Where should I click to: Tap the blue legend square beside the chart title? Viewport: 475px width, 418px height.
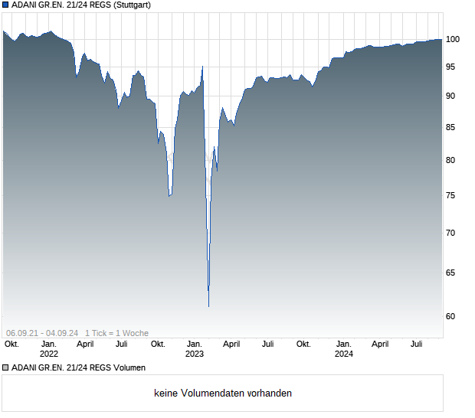click(x=5, y=5)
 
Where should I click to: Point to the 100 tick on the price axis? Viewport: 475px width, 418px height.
click(x=453, y=39)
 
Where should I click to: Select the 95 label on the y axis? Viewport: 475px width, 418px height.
click(x=453, y=67)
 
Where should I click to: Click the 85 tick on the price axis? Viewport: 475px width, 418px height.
click(x=453, y=127)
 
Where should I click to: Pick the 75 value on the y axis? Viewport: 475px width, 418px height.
click(x=453, y=195)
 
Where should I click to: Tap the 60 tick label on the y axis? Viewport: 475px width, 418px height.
click(x=453, y=316)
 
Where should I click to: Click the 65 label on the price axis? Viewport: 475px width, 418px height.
click(x=453, y=273)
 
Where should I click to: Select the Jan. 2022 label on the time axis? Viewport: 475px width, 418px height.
click(x=49, y=349)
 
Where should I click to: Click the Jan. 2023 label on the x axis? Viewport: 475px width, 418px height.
click(x=195, y=349)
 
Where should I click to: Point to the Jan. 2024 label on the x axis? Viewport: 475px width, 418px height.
click(x=344, y=349)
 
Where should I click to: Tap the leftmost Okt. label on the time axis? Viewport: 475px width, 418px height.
click(x=11, y=345)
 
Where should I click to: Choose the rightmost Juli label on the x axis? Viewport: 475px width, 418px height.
click(x=417, y=345)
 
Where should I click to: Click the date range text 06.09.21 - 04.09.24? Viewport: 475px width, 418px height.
click(x=42, y=333)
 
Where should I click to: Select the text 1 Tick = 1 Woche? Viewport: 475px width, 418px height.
click(x=116, y=333)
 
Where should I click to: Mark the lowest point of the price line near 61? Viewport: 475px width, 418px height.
click(x=208, y=306)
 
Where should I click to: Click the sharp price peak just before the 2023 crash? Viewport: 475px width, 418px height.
click(x=202, y=67)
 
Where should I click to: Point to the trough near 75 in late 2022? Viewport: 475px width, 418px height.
click(x=170, y=195)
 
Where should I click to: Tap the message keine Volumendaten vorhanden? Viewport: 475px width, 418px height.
click(x=223, y=394)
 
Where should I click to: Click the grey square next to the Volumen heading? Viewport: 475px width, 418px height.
click(x=5, y=367)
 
